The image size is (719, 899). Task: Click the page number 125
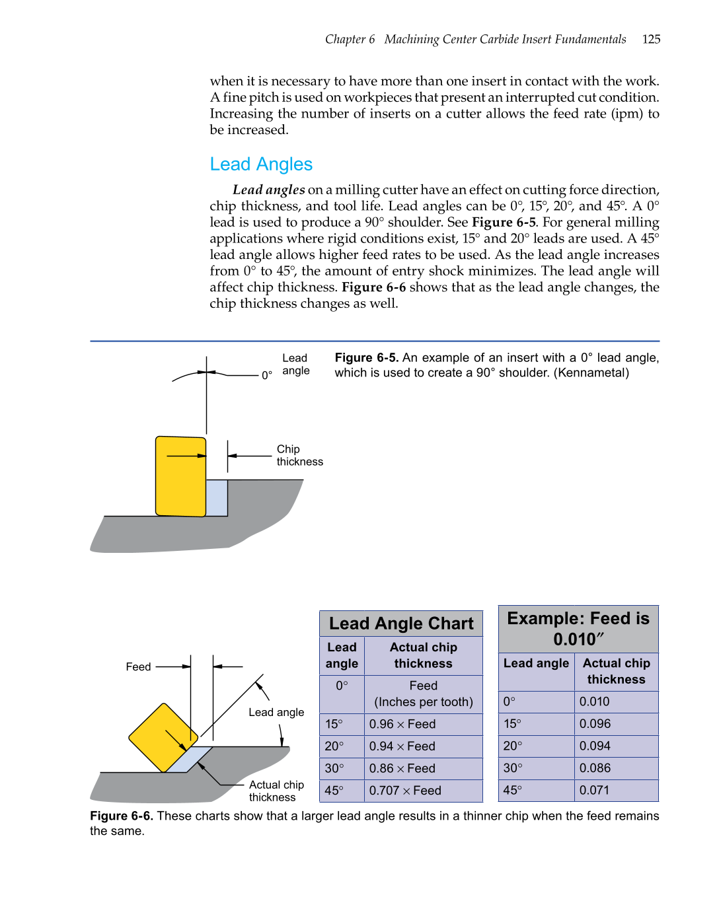pos(651,39)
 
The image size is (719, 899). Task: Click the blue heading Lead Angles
pos(261,164)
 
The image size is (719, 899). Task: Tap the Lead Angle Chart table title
pos(401,624)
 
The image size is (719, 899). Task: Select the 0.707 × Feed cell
pos(405,791)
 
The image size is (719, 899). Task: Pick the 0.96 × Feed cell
pos(402,724)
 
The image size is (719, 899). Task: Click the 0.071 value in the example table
pos(594,790)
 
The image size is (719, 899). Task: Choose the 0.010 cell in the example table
pos(594,701)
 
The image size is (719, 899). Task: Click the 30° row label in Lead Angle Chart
pos(334,768)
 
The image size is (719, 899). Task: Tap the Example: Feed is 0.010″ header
pos(578,628)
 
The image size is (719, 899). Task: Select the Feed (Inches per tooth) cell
pos(424,694)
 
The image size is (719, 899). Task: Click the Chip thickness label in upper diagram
pos(299,455)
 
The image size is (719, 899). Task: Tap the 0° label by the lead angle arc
pos(267,375)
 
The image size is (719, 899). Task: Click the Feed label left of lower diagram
pos(138,666)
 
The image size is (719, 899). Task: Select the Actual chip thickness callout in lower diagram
pos(276,791)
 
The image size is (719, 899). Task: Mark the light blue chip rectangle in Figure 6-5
pos(217,497)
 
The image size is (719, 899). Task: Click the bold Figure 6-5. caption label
pos(366,357)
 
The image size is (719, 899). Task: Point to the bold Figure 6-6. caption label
pos(122,816)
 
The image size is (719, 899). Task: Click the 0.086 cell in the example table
pos(595,768)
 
